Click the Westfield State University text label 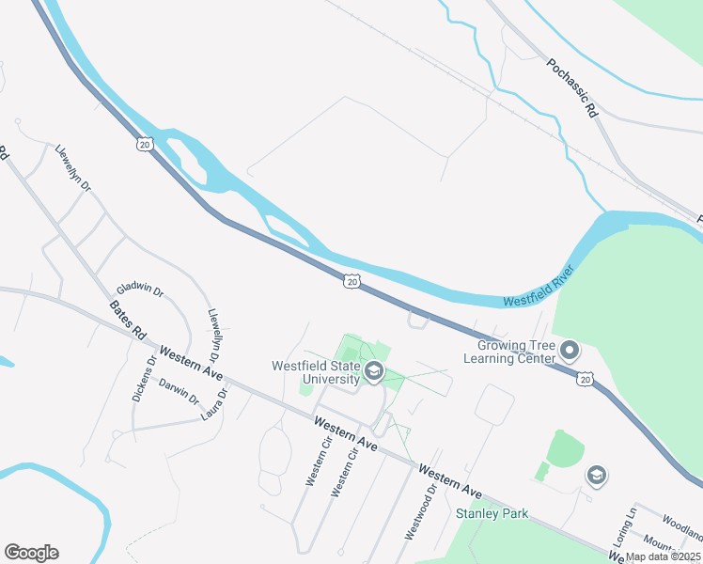316,372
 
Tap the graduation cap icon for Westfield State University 373,373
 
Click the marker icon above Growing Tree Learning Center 569,352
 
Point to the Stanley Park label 492,513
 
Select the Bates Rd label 128,320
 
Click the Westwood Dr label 420,512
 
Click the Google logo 31,553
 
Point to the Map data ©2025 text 663,556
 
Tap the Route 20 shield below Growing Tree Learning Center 586,379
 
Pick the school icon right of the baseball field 596,477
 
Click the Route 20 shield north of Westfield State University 351,280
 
